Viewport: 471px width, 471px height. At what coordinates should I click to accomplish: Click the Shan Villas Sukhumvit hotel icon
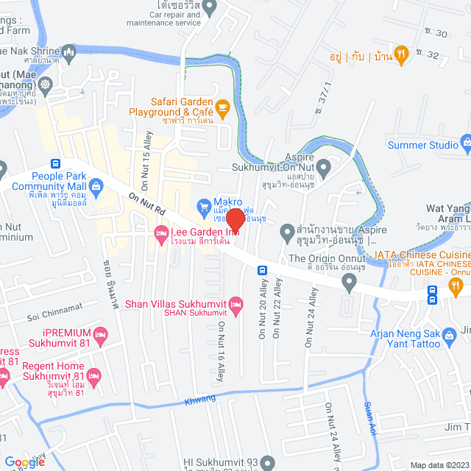pos(235,302)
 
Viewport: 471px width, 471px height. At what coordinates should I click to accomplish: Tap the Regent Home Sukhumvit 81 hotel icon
pos(93,374)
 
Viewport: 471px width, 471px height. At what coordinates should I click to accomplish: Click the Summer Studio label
pos(422,145)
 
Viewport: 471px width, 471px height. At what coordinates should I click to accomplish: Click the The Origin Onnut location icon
pos(350,260)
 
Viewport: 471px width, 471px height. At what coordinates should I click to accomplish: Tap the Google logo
pos(24,461)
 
